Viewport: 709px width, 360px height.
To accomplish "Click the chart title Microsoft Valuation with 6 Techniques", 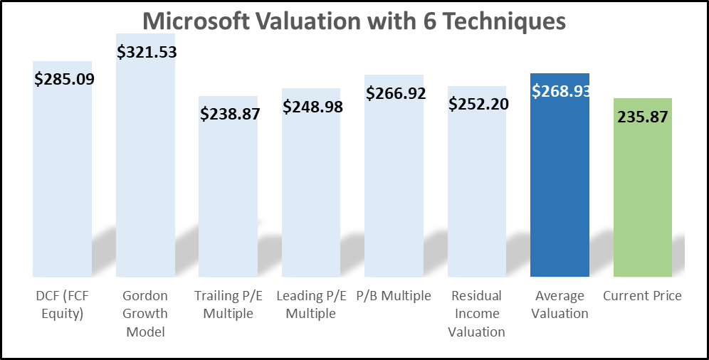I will (x=354, y=21).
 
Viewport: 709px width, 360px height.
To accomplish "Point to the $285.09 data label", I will (x=64, y=78).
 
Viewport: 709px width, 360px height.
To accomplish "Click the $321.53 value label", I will (x=147, y=52).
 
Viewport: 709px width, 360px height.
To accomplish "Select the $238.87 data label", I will (x=230, y=113).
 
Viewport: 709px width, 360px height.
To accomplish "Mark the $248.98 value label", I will (x=313, y=107).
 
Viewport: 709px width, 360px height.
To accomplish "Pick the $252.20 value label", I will (x=478, y=104).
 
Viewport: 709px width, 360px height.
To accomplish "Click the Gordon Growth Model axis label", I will (x=145, y=313).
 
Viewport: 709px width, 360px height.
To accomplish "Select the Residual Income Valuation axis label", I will (x=477, y=313).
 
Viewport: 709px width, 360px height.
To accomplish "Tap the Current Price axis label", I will (x=642, y=295).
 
